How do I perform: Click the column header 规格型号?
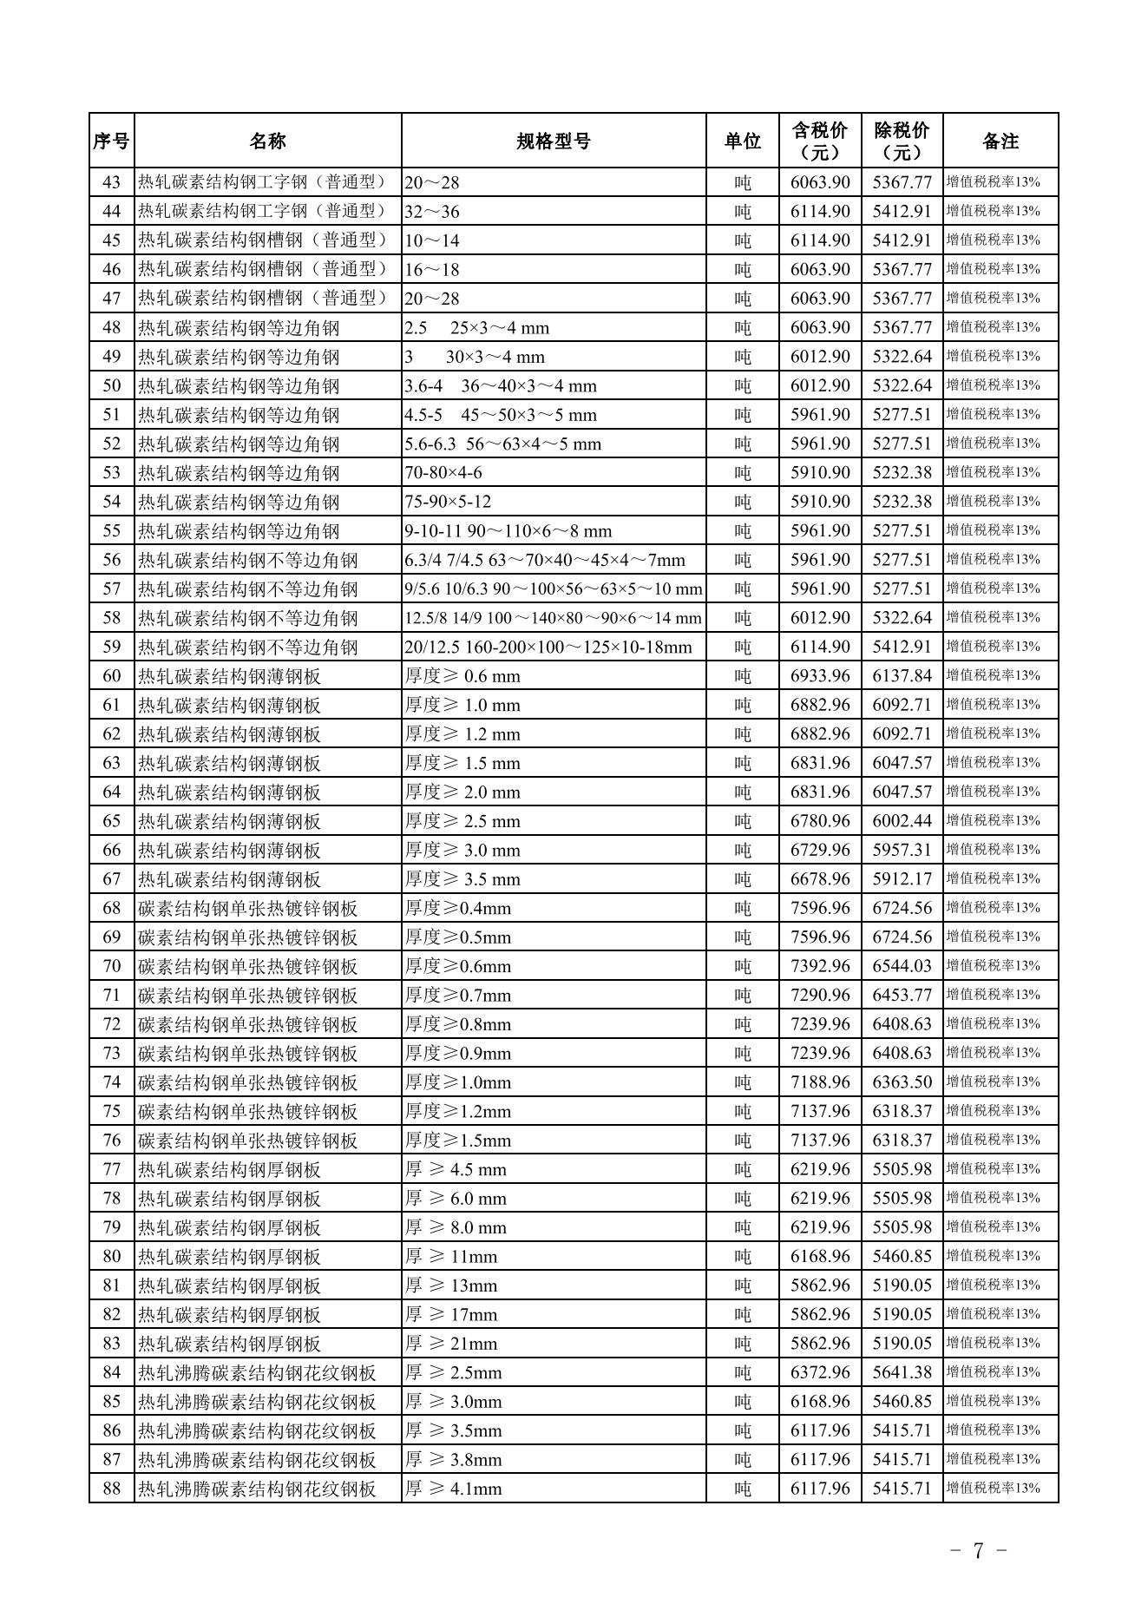[x=554, y=141]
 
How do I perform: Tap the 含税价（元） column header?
[x=820, y=141]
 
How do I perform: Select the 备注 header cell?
[x=1000, y=141]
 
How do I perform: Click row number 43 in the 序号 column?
[x=112, y=182]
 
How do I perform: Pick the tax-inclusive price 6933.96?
[x=820, y=676]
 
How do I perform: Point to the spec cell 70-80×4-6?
[x=443, y=473]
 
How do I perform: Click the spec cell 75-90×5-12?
[x=448, y=502]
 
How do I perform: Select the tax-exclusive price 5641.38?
[x=902, y=1372]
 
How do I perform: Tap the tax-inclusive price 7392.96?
[x=820, y=966]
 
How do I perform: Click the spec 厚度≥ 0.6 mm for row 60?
[x=462, y=676]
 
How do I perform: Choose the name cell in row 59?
[x=248, y=648]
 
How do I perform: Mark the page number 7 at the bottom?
[x=978, y=1551]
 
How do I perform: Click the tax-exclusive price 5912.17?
[x=902, y=879]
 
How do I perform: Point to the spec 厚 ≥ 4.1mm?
[x=454, y=1489]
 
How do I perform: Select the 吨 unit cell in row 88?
[x=743, y=1489]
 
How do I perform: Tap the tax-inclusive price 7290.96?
[x=820, y=996]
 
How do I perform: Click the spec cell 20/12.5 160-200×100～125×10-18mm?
[x=548, y=648]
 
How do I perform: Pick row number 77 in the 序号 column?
[x=112, y=1169]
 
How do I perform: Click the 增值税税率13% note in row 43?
[x=993, y=182]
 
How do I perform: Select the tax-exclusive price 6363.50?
[x=902, y=1082]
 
